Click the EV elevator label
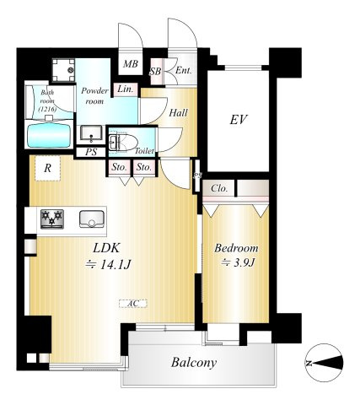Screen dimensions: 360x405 coord(239,120)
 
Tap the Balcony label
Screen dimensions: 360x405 coord(194,362)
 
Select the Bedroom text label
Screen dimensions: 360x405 coord(236,248)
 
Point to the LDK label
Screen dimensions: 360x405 coord(106,248)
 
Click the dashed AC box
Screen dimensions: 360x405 coord(133,304)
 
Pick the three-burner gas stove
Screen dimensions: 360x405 coord(51,219)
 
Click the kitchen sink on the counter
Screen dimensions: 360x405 coord(92,219)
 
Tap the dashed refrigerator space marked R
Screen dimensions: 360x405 coord(47,168)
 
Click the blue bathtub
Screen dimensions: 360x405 coord(49,135)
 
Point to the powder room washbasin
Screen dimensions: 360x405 coord(91,132)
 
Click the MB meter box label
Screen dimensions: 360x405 coord(131,64)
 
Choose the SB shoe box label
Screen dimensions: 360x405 coord(155,72)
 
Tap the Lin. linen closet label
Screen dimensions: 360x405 coord(125,89)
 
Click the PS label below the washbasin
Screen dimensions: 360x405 coord(91,152)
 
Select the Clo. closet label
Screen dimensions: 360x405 coord(219,188)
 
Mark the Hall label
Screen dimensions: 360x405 coord(178,113)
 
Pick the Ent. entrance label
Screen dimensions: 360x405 coord(184,70)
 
